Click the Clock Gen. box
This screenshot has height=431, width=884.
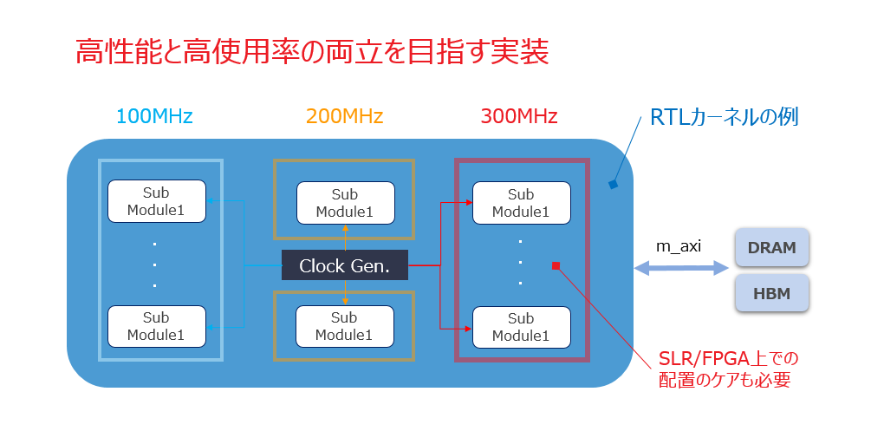(x=344, y=266)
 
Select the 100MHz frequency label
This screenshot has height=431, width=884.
(x=154, y=115)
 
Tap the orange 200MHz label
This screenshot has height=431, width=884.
(x=344, y=115)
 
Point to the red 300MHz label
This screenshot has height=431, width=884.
(x=519, y=115)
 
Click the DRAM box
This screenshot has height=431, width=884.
(x=771, y=247)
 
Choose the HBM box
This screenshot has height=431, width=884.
(x=771, y=293)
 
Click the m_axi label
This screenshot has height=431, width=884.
(x=678, y=246)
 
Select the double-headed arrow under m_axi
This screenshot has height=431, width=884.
(x=680, y=270)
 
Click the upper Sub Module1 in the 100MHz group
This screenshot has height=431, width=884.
(x=156, y=201)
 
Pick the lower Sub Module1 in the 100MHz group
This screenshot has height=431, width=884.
(x=156, y=326)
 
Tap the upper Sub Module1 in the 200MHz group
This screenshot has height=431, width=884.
(x=344, y=203)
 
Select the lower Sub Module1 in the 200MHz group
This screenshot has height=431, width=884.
(x=344, y=326)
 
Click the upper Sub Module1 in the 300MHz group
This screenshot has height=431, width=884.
(x=521, y=203)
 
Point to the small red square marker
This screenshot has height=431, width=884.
(x=556, y=265)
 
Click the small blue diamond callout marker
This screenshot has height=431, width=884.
(x=613, y=184)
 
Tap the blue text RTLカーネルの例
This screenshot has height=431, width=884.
(x=724, y=117)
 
